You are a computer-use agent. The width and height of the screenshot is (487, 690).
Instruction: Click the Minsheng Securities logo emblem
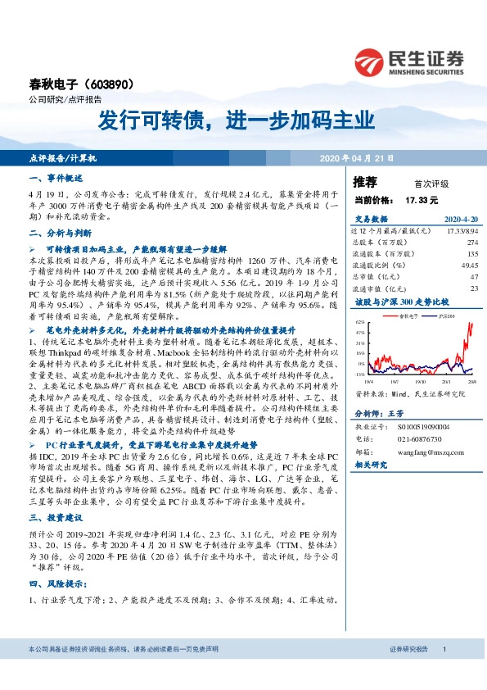pos(370,61)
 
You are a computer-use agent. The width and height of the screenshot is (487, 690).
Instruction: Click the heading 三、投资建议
pos(56,517)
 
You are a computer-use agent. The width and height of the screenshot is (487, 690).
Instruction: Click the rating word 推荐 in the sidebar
pos(365,181)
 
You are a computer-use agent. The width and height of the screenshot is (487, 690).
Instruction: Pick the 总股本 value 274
pos(472,243)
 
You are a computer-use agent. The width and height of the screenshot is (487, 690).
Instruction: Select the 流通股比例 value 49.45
pos(469,266)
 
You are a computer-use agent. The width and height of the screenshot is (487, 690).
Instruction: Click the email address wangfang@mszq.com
pos(423,451)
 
